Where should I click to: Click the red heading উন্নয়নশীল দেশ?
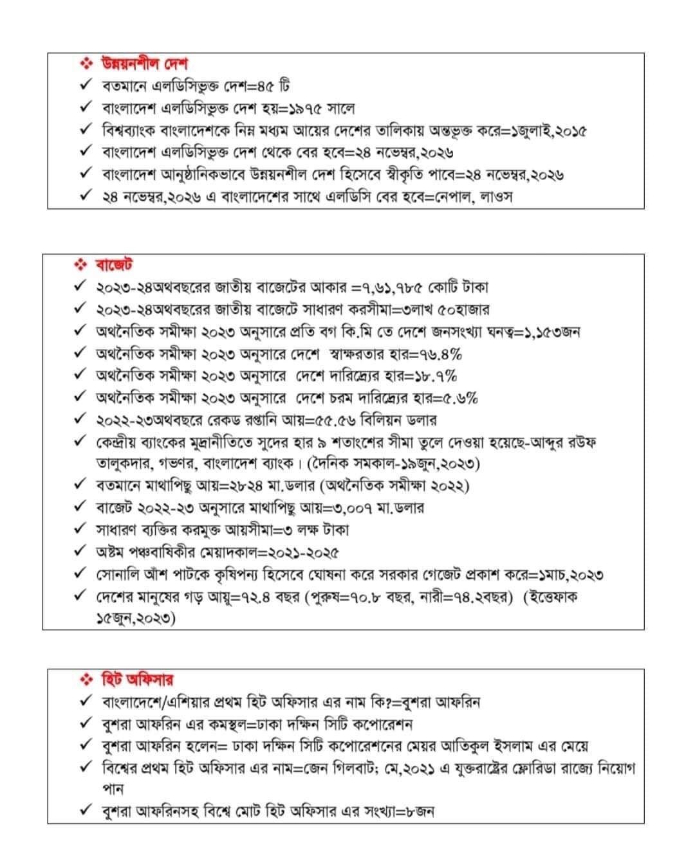pos(144,64)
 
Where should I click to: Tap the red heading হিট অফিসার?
pos(138,680)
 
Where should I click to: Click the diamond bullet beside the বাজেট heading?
pos(80,264)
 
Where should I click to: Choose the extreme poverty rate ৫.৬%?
pos(455,398)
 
